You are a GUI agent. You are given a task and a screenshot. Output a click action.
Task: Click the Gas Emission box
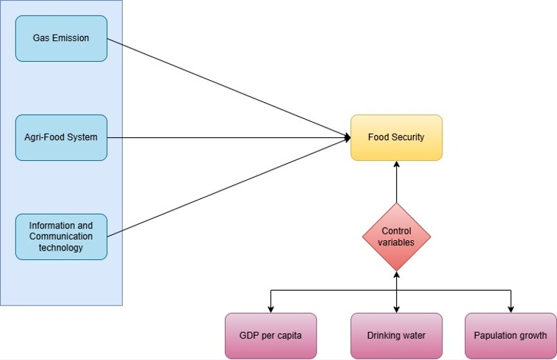click(61, 38)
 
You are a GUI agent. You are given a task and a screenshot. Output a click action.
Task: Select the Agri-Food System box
click(61, 137)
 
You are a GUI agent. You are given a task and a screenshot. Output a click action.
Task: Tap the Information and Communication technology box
click(61, 237)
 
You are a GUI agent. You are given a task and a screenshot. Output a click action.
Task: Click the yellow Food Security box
click(396, 137)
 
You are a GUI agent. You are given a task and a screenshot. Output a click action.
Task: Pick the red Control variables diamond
click(396, 237)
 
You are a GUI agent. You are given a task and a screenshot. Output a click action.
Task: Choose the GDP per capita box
click(270, 336)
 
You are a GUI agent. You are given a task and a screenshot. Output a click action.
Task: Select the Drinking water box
click(396, 336)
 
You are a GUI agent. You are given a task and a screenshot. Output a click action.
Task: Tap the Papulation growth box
click(511, 336)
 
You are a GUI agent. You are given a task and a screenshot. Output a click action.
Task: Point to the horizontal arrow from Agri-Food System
click(228, 137)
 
